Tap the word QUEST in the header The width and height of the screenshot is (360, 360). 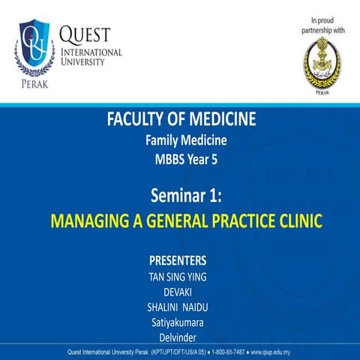(x=85, y=34)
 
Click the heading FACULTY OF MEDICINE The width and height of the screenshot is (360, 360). (x=180, y=120)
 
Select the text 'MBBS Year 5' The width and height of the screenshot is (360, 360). (x=180, y=158)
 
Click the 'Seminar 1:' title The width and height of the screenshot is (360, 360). (x=180, y=196)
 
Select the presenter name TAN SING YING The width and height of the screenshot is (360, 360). (x=180, y=277)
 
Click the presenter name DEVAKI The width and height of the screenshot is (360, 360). (x=180, y=292)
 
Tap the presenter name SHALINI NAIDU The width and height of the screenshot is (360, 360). (x=180, y=307)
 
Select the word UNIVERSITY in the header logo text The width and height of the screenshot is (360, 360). (x=83, y=62)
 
